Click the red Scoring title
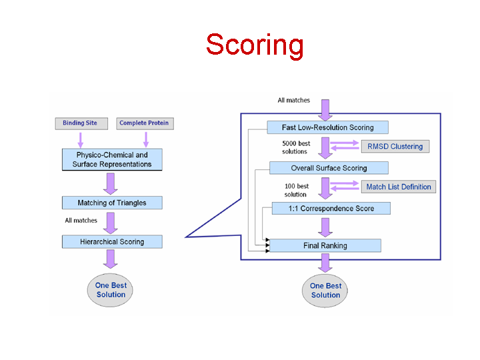click(255, 45)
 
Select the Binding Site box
click(81, 123)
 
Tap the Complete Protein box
click(145, 123)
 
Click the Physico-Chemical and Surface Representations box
click(112, 159)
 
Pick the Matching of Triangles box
click(112, 203)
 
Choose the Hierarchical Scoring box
click(112, 241)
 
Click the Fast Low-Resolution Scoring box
click(327, 127)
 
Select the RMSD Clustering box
click(395, 146)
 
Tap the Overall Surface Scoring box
click(329, 168)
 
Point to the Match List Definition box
click(399, 187)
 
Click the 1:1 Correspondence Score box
click(331, 208)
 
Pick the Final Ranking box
click(325, 245)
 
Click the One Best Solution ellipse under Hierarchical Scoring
click(110, 290)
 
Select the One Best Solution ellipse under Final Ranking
click(325, 291)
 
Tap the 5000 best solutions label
click(296, 147)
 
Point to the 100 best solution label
click(296, 190)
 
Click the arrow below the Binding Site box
click(81, 140)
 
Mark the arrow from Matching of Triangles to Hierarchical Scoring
click(111, 223)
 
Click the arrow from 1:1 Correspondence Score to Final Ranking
click(325, 227)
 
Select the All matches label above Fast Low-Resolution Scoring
click(293, 100)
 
